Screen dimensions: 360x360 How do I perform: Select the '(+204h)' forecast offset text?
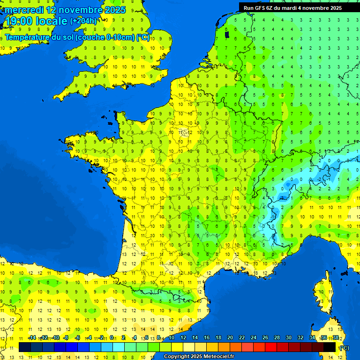83,21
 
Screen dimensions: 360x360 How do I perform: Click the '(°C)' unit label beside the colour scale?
344,347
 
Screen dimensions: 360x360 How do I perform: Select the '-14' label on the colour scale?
32,337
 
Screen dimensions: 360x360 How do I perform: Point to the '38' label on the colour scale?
335,337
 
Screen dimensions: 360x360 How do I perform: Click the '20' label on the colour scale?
230,337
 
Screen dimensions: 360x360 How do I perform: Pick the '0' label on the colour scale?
112,337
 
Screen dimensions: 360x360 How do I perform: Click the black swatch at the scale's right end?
330,347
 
